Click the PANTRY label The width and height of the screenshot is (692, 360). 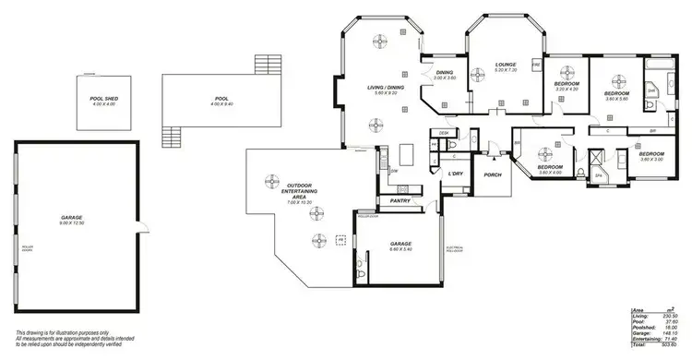click(x=400, y=200)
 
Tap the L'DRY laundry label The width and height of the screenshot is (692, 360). click(x=454, y=174)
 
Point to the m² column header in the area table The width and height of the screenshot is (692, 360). click(x=667, y=308)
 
